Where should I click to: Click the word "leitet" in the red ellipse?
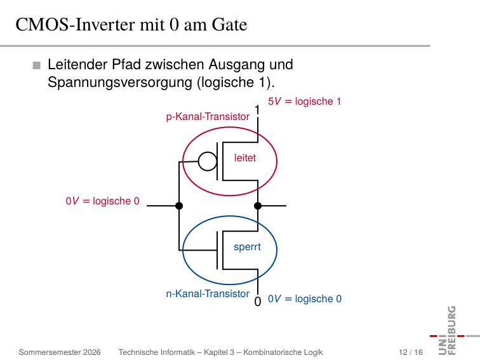tap(245, 157)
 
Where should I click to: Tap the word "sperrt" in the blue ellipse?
tap(247, 247)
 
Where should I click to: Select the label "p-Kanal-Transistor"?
tap(208, 117)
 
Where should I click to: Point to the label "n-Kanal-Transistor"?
tap(208, 293)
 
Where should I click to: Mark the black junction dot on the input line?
tap(179, 206)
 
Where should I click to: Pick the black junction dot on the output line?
tap(258, 206)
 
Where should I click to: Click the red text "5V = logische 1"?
tap(304, 102)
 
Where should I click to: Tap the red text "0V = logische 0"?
tap(103, 201)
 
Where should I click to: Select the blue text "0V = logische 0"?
tap(305, 299)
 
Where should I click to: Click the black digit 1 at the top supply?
tap(257, 110)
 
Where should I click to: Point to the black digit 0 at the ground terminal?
tap(258, 302)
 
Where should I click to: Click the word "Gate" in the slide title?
tap(229, 25)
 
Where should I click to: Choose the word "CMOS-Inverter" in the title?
tap(76, 25)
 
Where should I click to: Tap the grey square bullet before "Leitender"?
tap(37, 65)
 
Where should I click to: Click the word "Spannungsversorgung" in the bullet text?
tap(120, 83)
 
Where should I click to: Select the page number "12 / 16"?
tap(411, 352)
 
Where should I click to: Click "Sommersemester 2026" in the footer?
tap(60, 352)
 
